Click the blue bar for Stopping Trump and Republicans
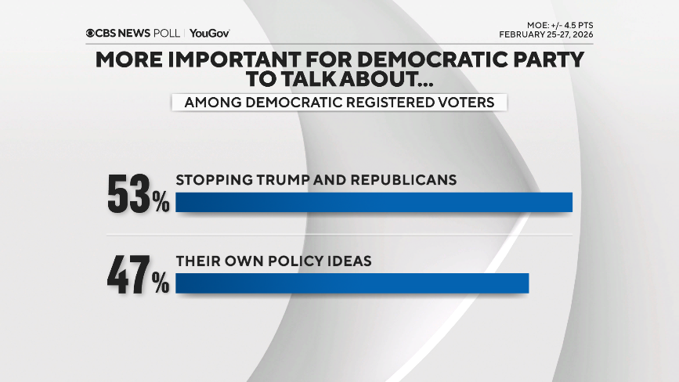click(x=374, y=202)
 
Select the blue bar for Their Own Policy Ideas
click(x=352, y=283)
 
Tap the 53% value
click(x=138, y=196)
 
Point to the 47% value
click(x=138, y=277)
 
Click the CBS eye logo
click(x=91, y=33)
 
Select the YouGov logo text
click(x=209, y=33)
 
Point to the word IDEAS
click(x=349, y=261)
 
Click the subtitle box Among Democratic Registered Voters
click(x=339, y=103)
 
